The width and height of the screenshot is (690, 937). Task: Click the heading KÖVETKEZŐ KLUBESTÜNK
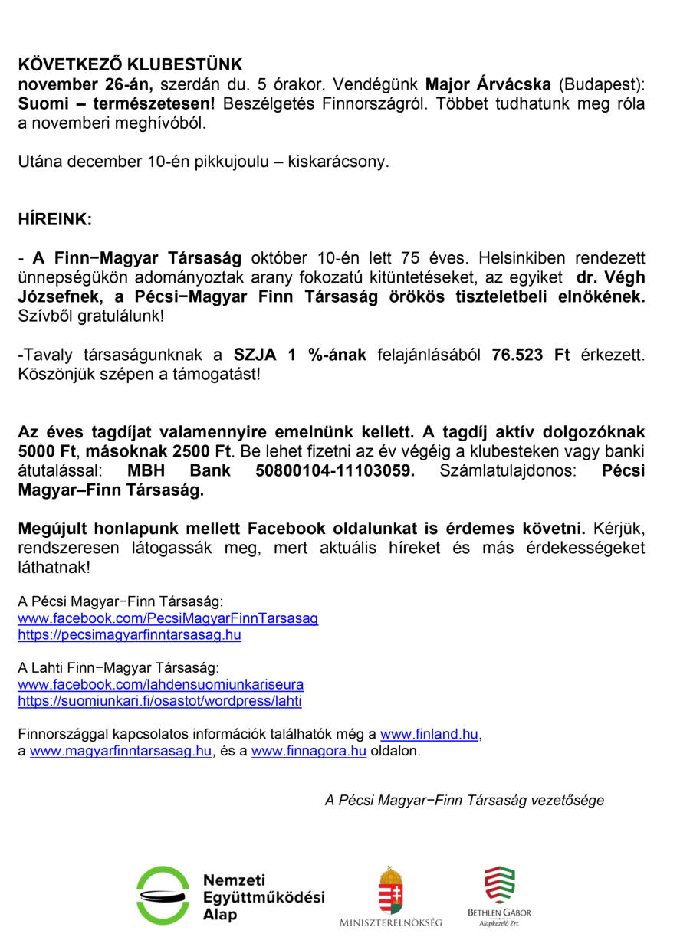130,64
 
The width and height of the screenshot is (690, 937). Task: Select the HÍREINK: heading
54,219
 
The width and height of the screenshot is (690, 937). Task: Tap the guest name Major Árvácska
488,84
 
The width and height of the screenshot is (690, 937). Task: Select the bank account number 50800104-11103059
334,471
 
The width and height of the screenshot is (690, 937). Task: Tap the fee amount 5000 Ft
48,452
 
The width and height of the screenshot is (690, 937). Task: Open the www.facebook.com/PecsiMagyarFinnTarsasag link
168,618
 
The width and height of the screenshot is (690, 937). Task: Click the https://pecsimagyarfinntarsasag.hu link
130,634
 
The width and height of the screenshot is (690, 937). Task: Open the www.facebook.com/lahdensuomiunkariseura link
160,684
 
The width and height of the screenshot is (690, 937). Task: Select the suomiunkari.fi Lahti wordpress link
159,701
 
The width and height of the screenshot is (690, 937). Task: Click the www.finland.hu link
429,734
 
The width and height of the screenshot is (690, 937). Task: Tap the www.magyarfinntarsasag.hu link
120,751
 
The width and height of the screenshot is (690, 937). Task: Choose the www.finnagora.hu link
308,751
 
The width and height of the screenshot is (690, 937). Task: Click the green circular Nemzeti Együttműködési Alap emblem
163,895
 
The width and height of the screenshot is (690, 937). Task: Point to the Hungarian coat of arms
391,889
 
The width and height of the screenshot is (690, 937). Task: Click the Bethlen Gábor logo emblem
499,885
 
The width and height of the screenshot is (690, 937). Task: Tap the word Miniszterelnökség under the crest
391,922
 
